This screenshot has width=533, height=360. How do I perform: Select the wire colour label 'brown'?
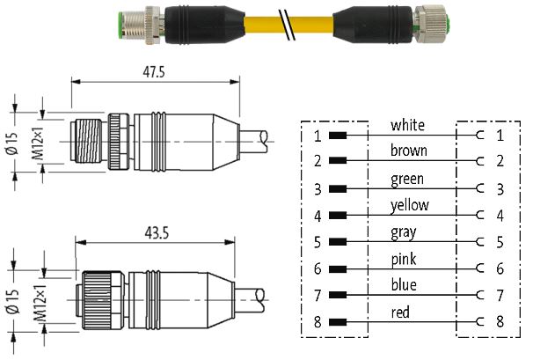[408, 151]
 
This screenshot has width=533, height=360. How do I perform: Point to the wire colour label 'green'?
[407, 180]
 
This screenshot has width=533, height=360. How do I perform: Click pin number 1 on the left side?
[318, 136]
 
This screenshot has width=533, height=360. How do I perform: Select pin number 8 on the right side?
[500, 321]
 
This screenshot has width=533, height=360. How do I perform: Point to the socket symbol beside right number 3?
[478, 189]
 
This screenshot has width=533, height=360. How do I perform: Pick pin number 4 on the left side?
[318, 216]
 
